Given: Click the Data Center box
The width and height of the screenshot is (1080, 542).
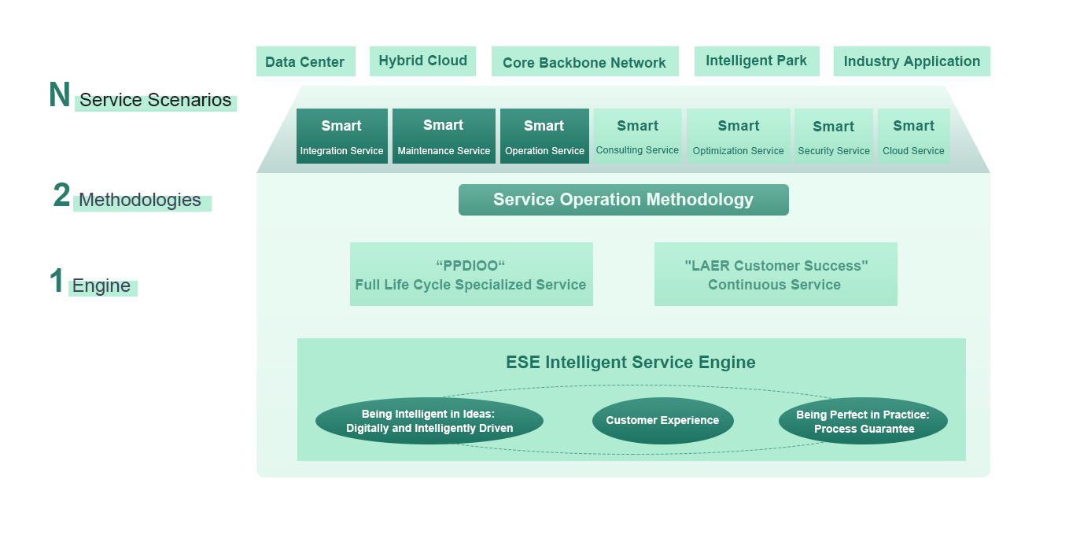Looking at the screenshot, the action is click(x=306, y=61).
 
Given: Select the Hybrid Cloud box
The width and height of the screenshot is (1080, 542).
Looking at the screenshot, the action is click(x=422, y=61).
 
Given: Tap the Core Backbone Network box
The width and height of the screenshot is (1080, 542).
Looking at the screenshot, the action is click(x=585, y=61).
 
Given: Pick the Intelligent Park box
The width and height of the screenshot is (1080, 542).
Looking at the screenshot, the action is click(x=757, y=61).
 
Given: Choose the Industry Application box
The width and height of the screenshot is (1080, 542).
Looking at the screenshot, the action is click(x=912, y=61).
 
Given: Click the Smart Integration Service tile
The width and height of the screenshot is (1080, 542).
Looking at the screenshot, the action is click(x=342, y=136).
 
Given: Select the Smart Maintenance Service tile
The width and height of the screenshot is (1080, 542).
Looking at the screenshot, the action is click(x=444, y=136).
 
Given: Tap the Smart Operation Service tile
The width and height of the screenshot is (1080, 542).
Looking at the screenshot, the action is click(x=544, y=136).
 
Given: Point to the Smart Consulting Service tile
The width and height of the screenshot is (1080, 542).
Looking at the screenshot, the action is click(x=637, y=136).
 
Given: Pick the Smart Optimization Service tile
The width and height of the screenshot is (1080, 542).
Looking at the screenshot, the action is click(x=738, y=136).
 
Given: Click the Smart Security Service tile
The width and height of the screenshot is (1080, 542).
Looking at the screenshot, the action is click(x=834, y=136).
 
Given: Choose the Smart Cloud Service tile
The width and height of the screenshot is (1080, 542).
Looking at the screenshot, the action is click(x=914, y=136).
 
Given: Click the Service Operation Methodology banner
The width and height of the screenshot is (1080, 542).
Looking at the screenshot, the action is click(x=624, y=200).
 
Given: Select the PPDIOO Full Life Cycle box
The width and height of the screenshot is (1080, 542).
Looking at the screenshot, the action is click(x=471, y=274).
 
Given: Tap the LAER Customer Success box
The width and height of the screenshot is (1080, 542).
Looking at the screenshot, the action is click(x=776, y=274).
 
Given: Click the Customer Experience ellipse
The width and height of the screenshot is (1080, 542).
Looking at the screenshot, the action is click(x=663, y=421).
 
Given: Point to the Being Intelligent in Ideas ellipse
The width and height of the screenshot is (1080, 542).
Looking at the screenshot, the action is click(x=429, y=421).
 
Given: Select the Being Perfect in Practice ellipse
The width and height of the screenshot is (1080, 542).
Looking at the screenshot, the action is click(x=863, y=421).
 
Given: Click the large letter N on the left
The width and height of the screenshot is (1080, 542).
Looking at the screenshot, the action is click(x=59, y=94).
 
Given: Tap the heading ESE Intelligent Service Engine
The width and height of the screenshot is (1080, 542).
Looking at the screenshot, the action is click(x=631, y=362).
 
